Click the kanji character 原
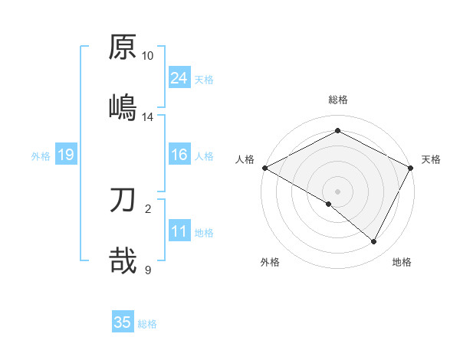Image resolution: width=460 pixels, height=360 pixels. [123, 47]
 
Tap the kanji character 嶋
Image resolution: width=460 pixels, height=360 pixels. [123, 106]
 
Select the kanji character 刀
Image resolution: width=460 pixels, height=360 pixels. [123, 201]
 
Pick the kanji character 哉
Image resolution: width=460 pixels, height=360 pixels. [123, 260]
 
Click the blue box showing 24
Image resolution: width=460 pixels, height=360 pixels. [179, 78]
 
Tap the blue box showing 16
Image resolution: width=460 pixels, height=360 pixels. [179, 155]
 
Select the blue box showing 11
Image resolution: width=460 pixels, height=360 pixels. [179, 232]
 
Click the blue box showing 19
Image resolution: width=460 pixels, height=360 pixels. [66, 155]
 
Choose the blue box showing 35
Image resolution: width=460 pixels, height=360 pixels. [123, 322]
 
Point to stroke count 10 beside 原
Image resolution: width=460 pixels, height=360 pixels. [148, 56]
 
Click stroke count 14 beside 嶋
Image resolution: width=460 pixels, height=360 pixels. [148, 116]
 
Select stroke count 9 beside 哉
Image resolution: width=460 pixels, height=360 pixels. [148, 270]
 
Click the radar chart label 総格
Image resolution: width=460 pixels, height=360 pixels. [338, 100]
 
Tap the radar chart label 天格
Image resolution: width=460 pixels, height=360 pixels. [431, 159]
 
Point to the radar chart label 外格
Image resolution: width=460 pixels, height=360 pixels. [270, 263]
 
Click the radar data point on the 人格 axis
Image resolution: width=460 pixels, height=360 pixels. [264, 168]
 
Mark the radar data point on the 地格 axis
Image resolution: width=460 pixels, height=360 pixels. [374, 242]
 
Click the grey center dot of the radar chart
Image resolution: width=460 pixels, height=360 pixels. [338, 191]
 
